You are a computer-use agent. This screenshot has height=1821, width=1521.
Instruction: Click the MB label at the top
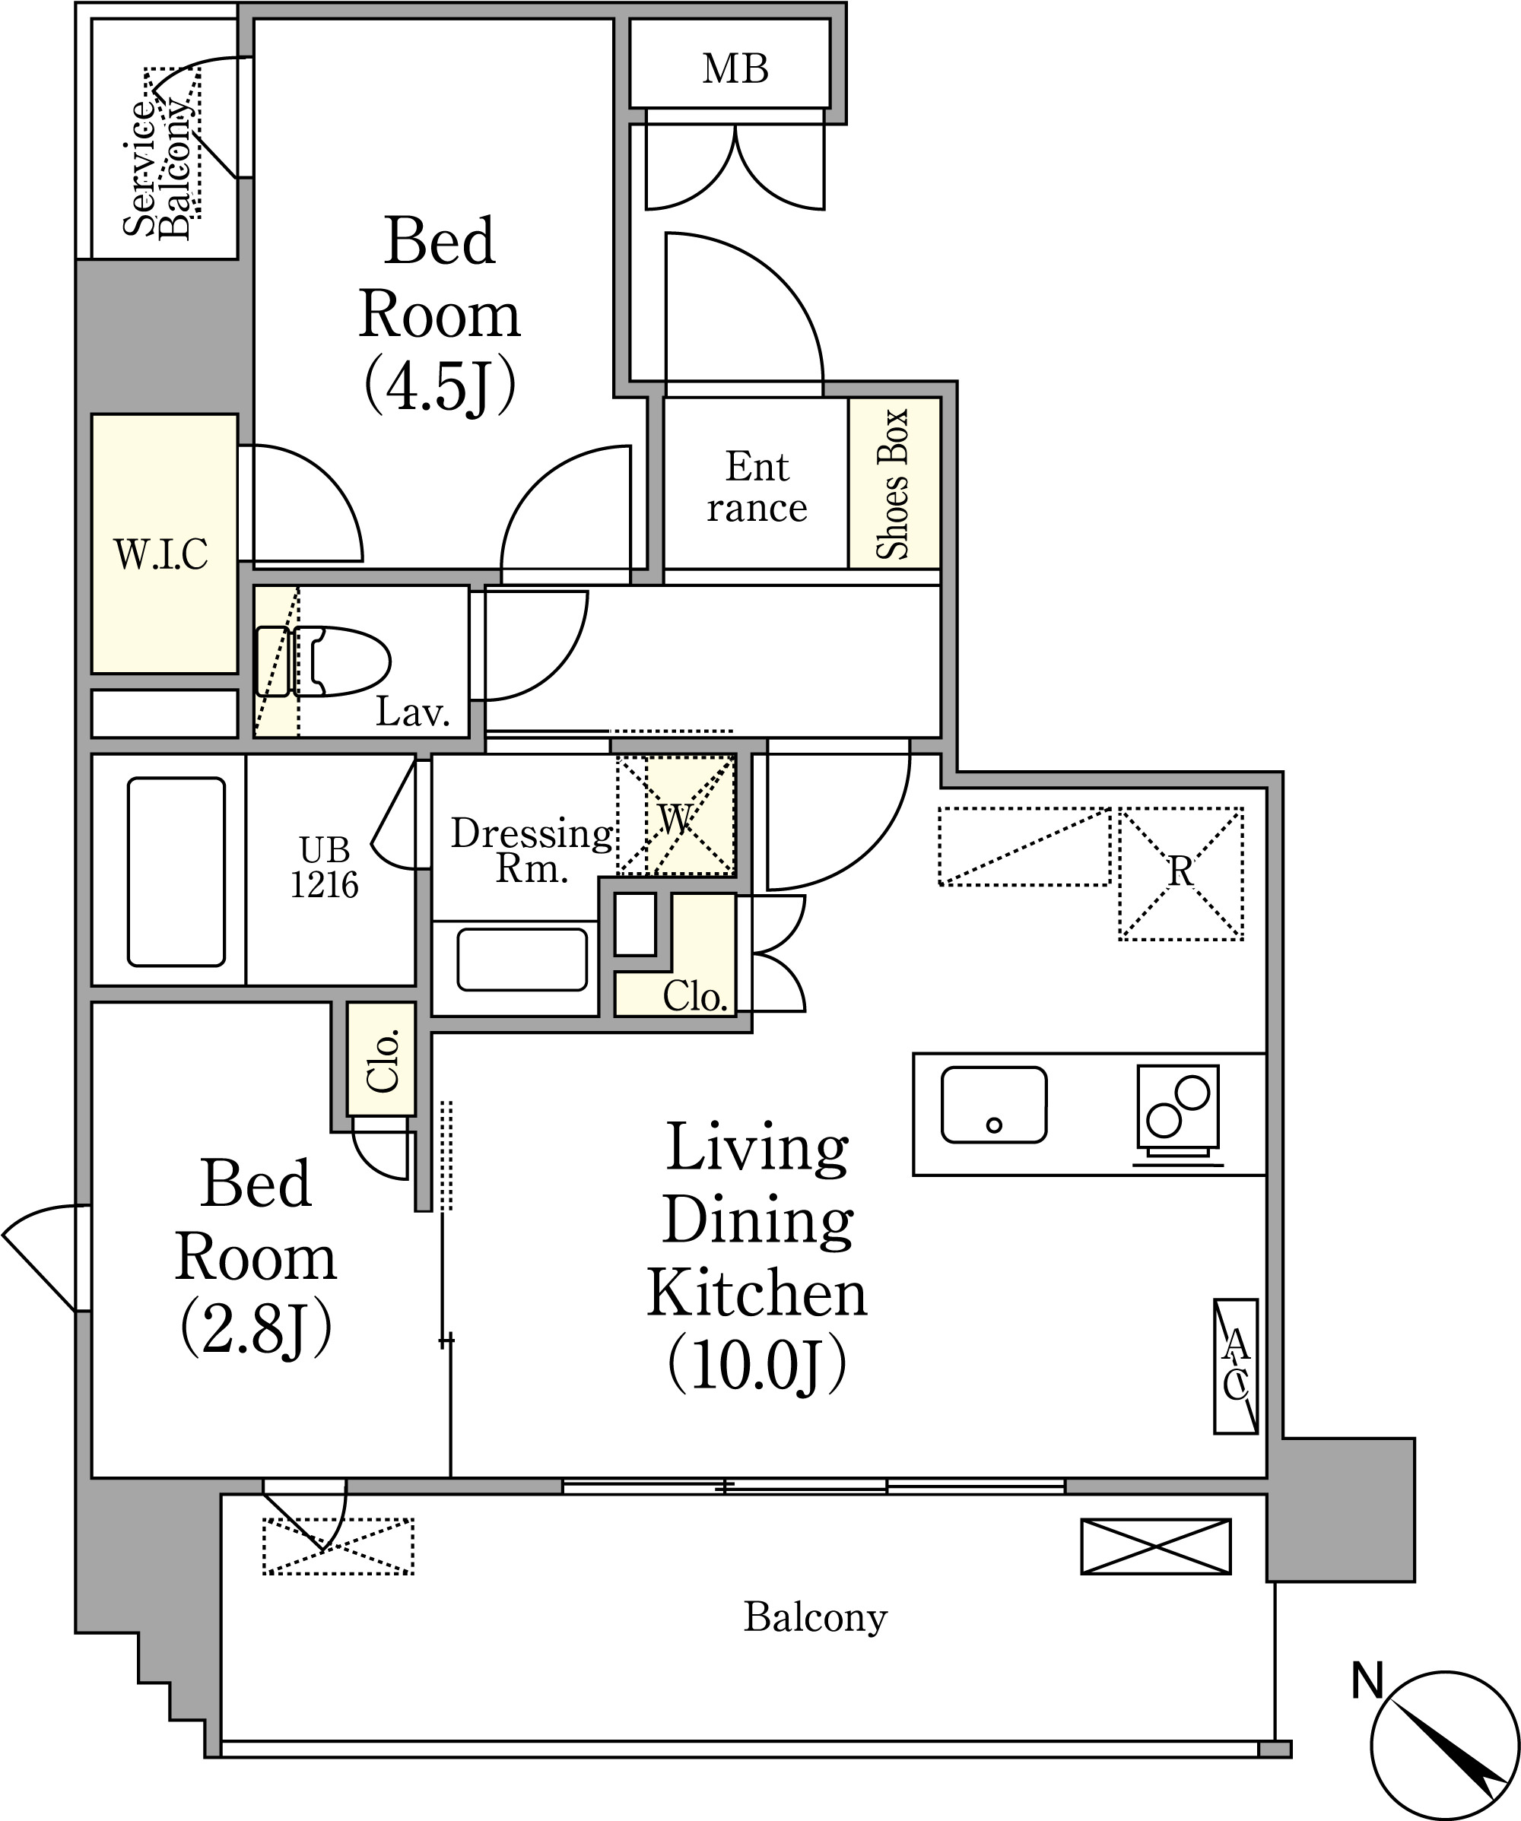(735, 68)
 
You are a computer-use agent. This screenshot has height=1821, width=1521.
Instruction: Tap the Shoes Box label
(892, 484)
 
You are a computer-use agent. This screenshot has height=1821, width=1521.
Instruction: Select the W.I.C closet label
(161, 554)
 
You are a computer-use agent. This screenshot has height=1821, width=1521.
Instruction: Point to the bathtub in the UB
(177, 871)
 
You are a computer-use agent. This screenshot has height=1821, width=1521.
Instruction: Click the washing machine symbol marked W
(675, 816)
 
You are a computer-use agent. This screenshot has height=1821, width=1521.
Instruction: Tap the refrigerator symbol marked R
(1180, 873)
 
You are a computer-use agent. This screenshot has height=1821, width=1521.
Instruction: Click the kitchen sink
(994, 1105)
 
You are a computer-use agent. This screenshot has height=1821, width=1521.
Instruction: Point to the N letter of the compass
(1367, 1681)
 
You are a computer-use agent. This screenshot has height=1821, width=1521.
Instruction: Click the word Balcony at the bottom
(815, 1618)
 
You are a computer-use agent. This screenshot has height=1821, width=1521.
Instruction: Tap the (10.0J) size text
(757, 1365)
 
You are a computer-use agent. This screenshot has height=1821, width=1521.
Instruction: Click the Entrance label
(757, 487)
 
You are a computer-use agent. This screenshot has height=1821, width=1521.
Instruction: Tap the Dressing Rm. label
(532, 851)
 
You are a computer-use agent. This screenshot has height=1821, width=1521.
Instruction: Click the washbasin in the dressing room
(522, 959)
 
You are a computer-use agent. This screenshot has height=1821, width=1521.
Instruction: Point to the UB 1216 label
(324, 866)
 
